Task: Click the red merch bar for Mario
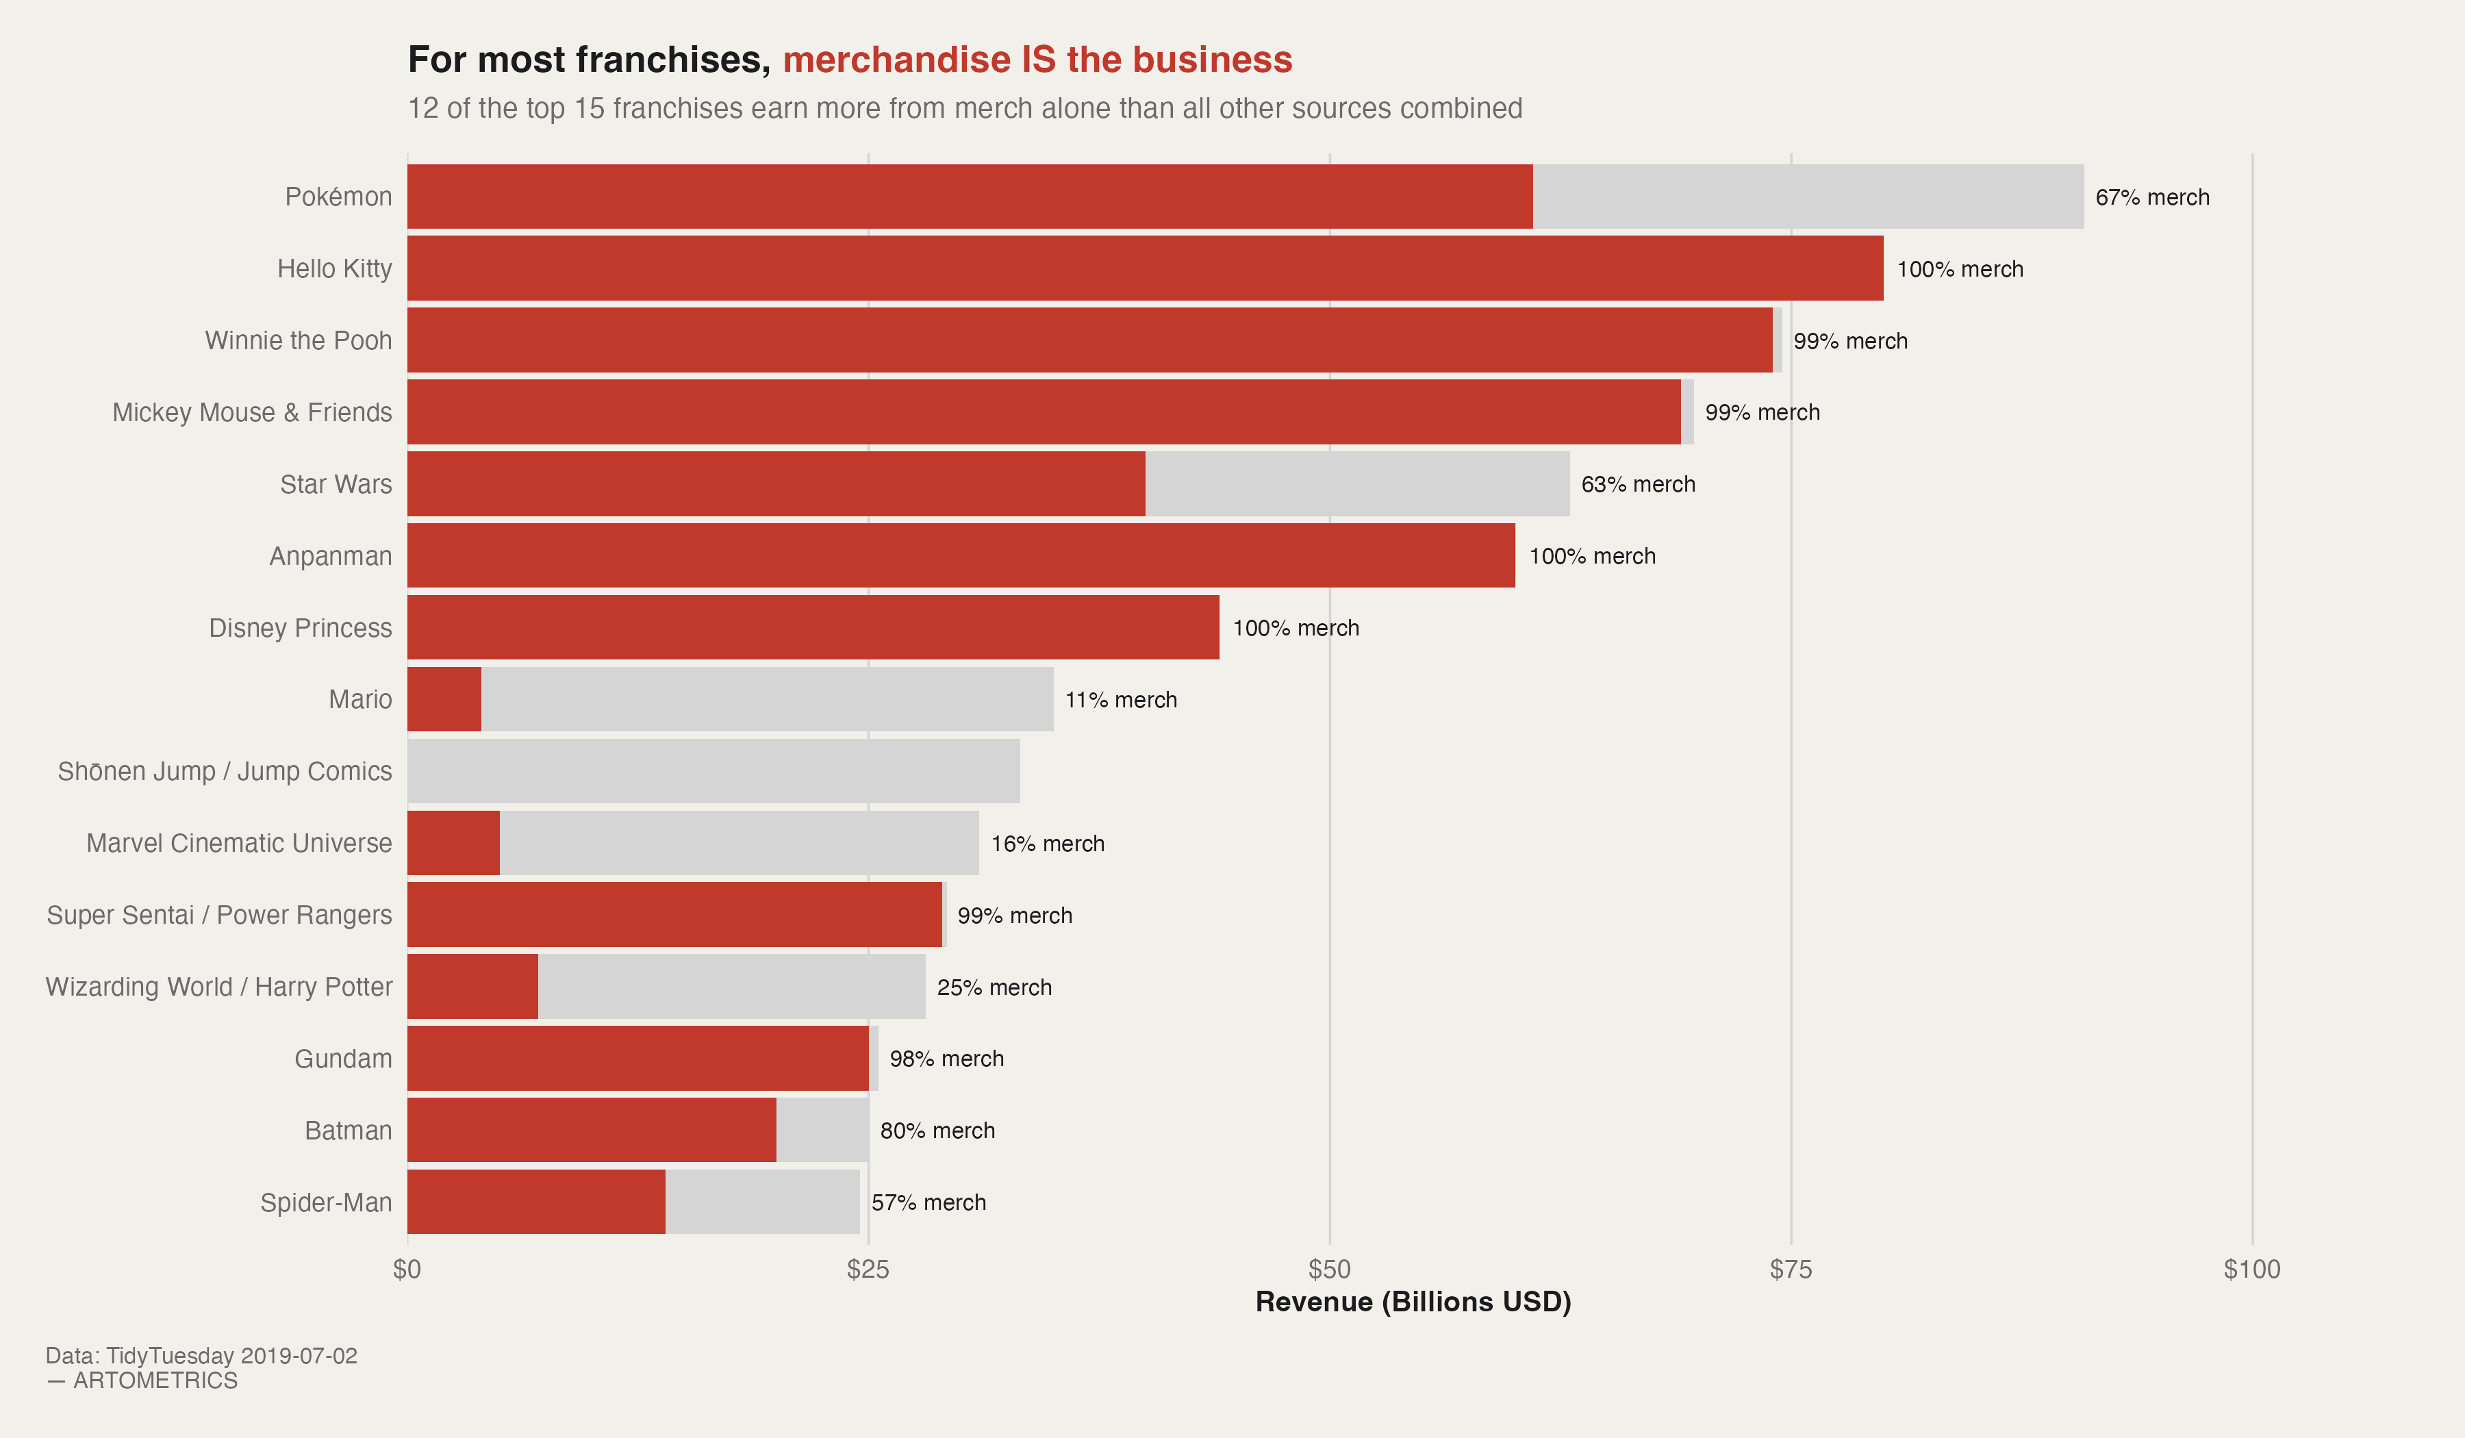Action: pos(444,699)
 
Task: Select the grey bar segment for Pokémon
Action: pos(1808,197)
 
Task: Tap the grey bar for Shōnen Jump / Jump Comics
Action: pos(713,771)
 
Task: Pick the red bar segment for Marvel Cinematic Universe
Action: pos(453,843)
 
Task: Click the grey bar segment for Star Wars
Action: pos(1356,484)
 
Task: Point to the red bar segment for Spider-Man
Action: pos(536,1202)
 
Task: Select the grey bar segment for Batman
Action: pos(822,1130)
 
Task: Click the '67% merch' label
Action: pos(2152,198)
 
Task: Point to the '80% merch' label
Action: pos(937,1131)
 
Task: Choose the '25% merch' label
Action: pos(994,987)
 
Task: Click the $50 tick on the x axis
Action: pos(1329,1270)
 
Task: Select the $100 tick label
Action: pos(2252,1270)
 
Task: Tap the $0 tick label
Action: pos(407,1270)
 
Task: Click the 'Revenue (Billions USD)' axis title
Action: pos(1413,1302)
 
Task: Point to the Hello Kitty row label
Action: pos(335,269)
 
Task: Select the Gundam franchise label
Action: pos(343,1059)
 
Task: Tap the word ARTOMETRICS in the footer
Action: pos(155,1380)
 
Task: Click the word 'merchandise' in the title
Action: pos(896,60)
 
